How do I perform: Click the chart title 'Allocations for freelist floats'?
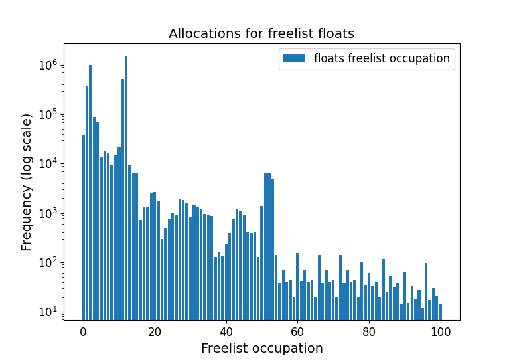[261, 33]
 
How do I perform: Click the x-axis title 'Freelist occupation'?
[261, 348]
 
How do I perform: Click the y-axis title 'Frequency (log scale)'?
[27, 182]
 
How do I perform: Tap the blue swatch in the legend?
[293, 58]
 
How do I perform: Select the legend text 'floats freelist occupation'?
[382, 58]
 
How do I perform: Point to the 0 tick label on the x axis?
[83, 331]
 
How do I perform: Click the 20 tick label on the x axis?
[155, 331]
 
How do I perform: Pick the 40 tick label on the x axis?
[226, 331]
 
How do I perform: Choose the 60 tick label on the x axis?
[297, 331]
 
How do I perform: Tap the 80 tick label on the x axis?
[369, 331]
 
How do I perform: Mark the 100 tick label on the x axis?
[441, 331]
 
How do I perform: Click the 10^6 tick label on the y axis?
[48, 65]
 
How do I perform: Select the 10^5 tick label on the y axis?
[48, 114]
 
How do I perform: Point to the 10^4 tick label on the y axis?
[48, 163]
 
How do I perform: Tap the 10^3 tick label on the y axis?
[48, 213]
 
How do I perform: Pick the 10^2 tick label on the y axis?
[48, 262]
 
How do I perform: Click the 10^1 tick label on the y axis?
[48, 312]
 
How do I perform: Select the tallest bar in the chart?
[126, 186]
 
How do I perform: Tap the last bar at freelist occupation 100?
[441, 312]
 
